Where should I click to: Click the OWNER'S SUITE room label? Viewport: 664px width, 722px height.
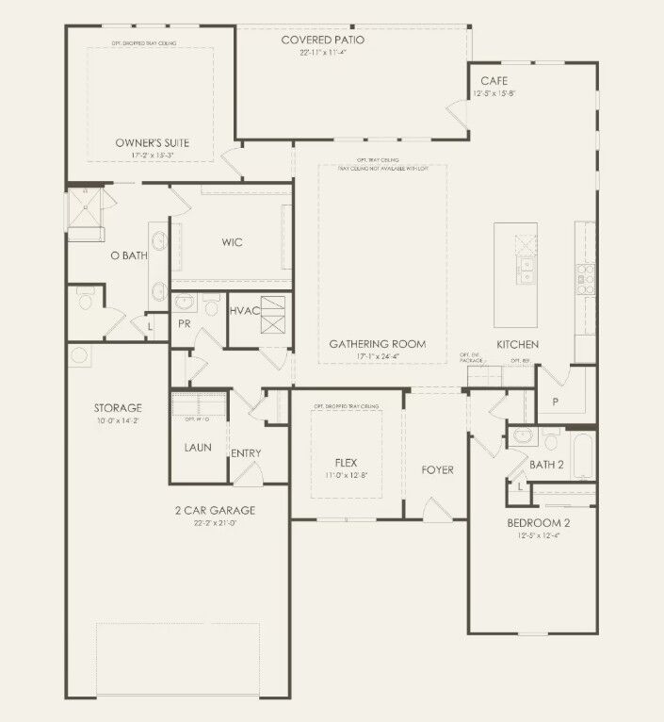tap(152, 143)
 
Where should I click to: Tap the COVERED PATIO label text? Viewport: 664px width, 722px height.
tap(323, 40)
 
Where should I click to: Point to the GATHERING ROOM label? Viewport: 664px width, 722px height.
tap(377, 344)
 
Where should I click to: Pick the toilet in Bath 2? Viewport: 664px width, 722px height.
tap(551, 439)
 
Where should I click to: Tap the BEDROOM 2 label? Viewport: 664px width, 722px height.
tap(538, 522)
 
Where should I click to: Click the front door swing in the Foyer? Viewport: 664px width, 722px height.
tap(435, 509)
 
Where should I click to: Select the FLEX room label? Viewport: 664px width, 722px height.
tap(347, 463)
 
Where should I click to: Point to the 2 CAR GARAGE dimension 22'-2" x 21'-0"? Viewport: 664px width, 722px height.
tap(215, 523)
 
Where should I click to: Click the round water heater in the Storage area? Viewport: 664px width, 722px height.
tap(79, 356)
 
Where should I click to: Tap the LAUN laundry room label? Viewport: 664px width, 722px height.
tap(198, 447)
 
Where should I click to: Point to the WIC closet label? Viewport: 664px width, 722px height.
tap(233, 242)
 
